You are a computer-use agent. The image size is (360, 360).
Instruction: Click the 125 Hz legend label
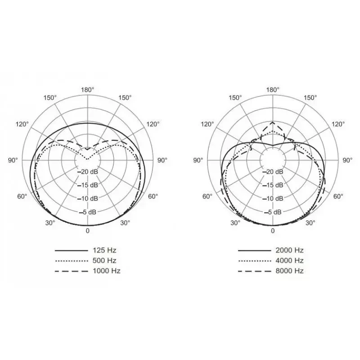[x=104, y=250]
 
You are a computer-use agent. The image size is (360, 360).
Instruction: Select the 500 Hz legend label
[x=104, y=261]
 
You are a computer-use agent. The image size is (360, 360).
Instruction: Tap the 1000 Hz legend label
[x=107, y=271]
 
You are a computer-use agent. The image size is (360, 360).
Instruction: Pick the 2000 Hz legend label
[x=289, y=250]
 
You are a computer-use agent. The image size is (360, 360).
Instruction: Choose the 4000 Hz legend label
[x=289, y=261]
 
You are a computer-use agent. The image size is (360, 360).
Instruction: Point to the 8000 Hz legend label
[x=289, y=271]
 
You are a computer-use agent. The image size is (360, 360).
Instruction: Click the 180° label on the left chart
[x=87, y=90]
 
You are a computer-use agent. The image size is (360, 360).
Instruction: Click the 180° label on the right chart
[x=273, y=90]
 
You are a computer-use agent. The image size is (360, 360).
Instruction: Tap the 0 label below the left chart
[x=87, y=231]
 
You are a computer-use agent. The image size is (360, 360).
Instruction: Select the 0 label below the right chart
[x=273, y=231]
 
